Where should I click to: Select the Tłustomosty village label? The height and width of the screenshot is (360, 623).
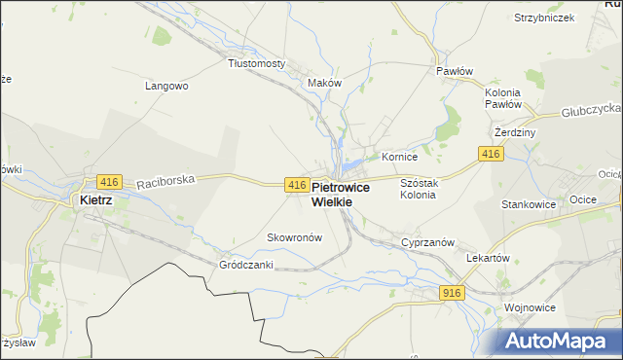tap(256, 63)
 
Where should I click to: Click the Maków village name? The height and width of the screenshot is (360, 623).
tap(324, 83)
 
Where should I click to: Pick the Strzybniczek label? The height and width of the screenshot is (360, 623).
tap(545, 18)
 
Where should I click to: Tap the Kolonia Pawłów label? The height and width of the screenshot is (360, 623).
tap(503, 97)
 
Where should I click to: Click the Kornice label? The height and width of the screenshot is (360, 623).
tap(399, 156)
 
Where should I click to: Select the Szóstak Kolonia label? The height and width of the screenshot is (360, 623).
tap(418, 189)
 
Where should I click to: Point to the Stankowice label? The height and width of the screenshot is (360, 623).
tap(527, 205)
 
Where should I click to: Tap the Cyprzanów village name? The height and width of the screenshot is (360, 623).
tap(423, 242)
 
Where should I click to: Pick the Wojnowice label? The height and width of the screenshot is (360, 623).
tap(529, 307)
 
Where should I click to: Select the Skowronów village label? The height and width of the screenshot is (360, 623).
tap(294, 237)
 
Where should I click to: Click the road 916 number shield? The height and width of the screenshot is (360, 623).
tap(452, 293)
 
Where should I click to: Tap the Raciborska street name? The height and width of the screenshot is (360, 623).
tap(165, 179)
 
